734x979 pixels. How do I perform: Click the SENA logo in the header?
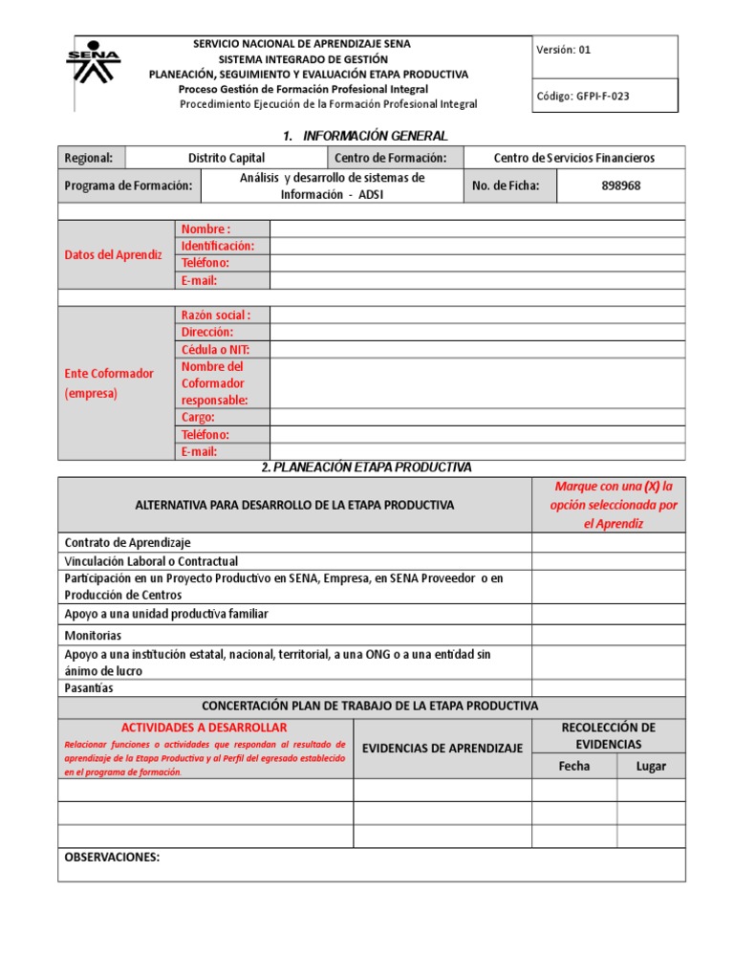pyautogui.click(x=93, y=63)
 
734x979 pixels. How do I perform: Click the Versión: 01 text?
pyautogui.click(x=564, y=50)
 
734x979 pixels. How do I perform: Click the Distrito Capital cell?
pyautogui.click(x=227, y=158)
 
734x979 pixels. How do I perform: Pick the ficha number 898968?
pyautogui.click(x=620, y=185)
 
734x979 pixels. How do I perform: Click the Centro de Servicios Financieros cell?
pyautogui.click(x=573, y=158)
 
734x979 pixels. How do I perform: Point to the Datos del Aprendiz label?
pyautogui.click(x=113, y=254)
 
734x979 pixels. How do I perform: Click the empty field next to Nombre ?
pyautogui.click(x=477, y=228)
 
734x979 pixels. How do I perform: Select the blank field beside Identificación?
pyautogui.click(x=477, y=246)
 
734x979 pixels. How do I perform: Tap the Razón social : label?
pyautogui.click(x=216, y=315)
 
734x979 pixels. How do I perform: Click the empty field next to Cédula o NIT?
pyautogui.click(x=477, y=349)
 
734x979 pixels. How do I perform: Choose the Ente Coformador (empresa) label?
pyautogui.click(x=108, y=382)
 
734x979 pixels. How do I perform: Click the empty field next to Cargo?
pyautogui.click(x=477, y=417)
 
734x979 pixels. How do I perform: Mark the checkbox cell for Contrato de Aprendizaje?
pyautogui.click(x=608, y=542)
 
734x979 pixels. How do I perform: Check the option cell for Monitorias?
pyautogui.click(x=608, y=635)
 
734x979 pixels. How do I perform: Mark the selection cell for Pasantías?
pyautogui.click(x=608, y=687)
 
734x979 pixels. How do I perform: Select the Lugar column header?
pyautogui.click(x=651, y=766)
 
